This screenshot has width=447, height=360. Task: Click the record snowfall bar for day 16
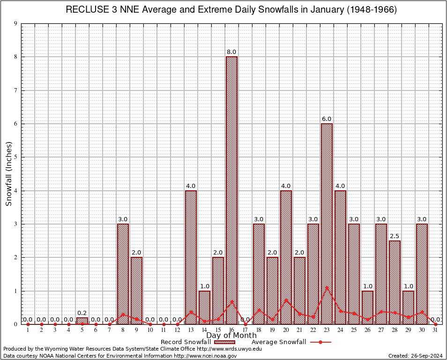point(231,190)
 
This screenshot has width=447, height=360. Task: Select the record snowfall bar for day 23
point(327,224)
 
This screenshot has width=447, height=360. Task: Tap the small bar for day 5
point(82,321)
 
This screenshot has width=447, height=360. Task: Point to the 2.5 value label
point(395,236)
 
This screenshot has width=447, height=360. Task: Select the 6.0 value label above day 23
point(327,119)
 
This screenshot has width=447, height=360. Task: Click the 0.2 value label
point(82,313)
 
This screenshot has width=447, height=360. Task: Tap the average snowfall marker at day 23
point(327,287)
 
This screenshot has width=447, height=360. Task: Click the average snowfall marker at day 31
point(435,324)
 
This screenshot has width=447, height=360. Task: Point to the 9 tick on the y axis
point(15,23)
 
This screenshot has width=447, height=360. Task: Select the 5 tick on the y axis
point(15,157)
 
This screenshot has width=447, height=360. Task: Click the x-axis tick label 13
point(191,330)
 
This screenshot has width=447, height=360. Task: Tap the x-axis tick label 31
point(435,330)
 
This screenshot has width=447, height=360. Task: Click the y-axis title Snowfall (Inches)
point(8,174)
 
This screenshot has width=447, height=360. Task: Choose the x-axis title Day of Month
point(231,336)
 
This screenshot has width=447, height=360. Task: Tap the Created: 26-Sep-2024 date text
point(416,356)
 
